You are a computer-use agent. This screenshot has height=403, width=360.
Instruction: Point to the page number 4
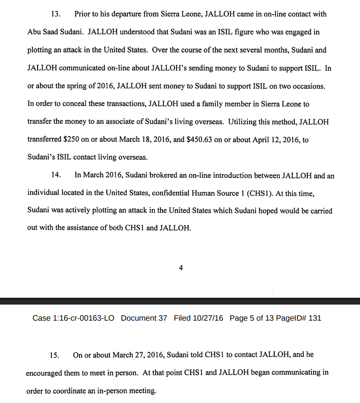(x=181, y=268)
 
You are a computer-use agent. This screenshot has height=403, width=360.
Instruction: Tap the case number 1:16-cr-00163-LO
(x=84, y=318)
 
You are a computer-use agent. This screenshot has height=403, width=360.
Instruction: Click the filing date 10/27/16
(x=207, y=318)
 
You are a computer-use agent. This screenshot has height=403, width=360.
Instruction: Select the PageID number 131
(x=315, y=318)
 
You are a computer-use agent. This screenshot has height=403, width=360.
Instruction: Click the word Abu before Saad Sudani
(x=36, y=32)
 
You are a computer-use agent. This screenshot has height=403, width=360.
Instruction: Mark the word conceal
(x=71, y=104)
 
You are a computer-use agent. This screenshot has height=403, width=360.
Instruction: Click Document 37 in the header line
(x=144, y=318)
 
